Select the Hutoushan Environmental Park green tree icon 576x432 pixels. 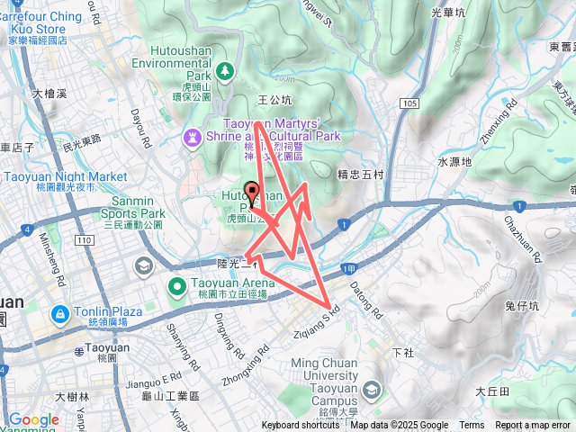click(x=223, y=70)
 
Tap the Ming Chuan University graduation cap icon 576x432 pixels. click(x=372, y=389)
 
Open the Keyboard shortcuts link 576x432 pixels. click(x=301, y=426)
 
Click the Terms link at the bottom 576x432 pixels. click(x=472, y=426)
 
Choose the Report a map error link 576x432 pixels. click(x=533, y=426)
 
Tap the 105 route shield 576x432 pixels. click(x=410, y=104)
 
